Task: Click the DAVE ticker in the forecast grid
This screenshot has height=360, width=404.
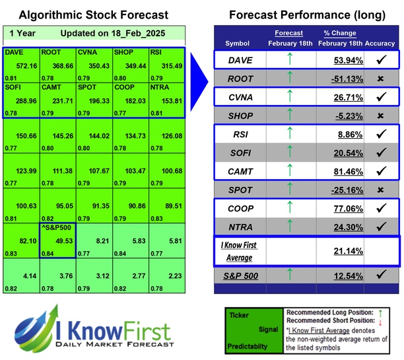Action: (x=13, y=52)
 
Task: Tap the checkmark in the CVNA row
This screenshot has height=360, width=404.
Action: (x=380, y=97)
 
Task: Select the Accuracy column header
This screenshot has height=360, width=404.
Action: (x=380, y=43)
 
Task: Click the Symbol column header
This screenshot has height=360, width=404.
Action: (x=238, y=43)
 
